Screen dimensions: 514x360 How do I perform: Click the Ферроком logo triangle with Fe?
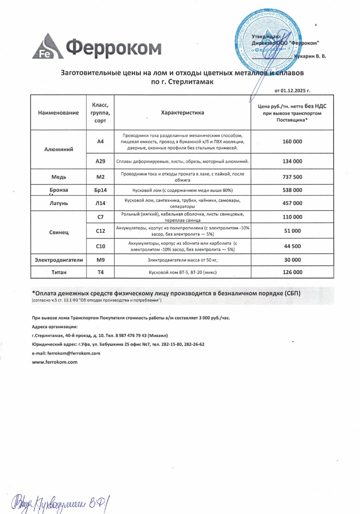tap(46, 47)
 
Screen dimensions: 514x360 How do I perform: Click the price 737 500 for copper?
tap(292, 177)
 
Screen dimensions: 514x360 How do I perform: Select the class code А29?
tap(100, 161)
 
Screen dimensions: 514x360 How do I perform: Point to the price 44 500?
tap(292, 246)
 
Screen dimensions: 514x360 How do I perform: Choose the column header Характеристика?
tap(182, 113)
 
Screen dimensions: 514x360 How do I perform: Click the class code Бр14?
tap(100, 190)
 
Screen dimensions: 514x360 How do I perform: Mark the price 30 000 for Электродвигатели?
tap(292, 260)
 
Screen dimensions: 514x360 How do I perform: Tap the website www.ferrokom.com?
tap(54, 362)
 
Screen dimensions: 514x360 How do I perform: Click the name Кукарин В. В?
tap(310, 57)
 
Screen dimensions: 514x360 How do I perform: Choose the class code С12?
tap(100, 231)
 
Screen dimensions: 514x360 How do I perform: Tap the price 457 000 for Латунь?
tap(292, 203)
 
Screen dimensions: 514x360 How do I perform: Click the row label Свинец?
tap(58, 233)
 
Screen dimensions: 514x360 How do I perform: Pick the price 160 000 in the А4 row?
tap(292, 142)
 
